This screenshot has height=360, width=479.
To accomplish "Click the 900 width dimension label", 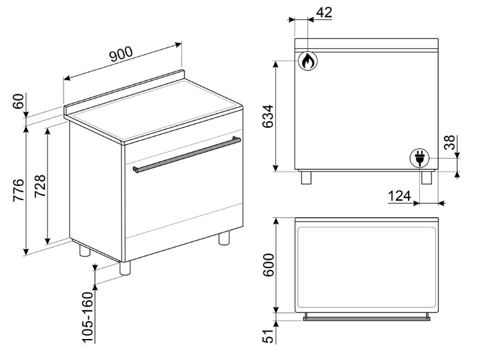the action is coord(121,54).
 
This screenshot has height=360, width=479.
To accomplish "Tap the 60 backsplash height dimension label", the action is coord(19,101).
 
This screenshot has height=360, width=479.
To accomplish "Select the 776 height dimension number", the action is coord(19,190).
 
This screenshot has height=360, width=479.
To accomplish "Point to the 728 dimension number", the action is coord(40,186).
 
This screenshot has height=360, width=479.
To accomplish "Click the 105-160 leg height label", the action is coord(88,317).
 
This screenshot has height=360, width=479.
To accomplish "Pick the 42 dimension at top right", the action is coord(324,12).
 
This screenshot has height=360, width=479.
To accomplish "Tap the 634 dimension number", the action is coord(268,117).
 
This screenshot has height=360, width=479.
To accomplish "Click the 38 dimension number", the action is coord(449,143).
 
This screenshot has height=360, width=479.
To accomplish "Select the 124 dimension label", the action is coord(399,196).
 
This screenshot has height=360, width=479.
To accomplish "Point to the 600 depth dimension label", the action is coord(269,265).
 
